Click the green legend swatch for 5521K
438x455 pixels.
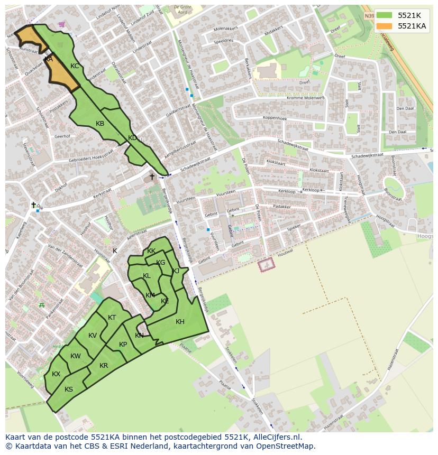(385, 15)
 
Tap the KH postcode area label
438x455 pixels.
(180, 322)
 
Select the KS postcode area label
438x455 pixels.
(69, 389)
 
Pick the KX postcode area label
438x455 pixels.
(56, 374)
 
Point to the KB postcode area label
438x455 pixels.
(100, 124)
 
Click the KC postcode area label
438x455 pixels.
(75, 66)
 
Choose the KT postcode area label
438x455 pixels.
(112, 318)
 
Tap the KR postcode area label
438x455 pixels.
(104, 366)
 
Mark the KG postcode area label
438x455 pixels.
(160, 263)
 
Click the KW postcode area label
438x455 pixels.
(75, 356)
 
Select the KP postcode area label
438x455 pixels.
(123, 345)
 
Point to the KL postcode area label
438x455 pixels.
(147, 276)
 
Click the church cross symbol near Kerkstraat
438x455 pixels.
(152, 177)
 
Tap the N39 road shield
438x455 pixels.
(369, 16)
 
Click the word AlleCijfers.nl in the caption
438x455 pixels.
(276, 437)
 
